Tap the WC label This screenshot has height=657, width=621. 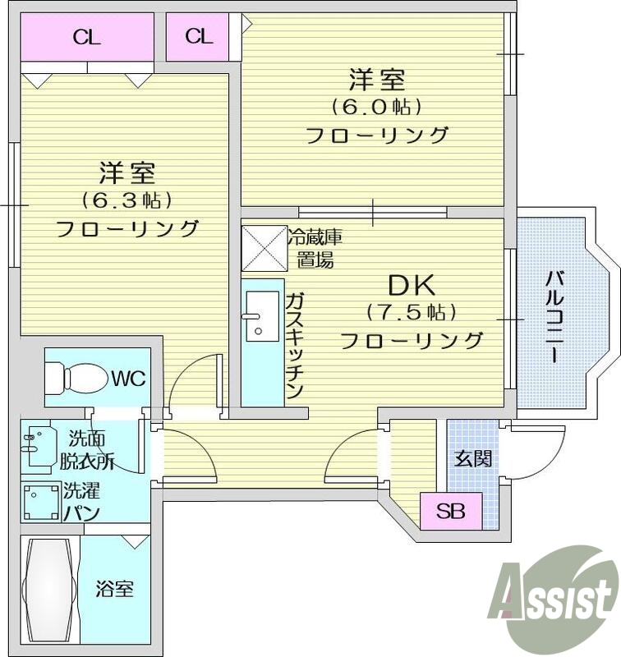(129, 379)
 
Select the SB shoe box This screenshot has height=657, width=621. (450, 512)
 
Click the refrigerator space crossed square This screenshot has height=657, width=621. (263, 247)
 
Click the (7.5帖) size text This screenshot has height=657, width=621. (411, 312)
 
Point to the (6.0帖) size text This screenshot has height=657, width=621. (377, 107)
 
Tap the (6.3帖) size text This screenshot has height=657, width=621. (126, 200)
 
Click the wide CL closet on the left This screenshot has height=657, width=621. (87, 38)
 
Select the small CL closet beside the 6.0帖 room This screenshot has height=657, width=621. (199, 36)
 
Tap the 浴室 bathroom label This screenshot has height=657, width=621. (114, 589)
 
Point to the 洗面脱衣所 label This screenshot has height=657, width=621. (87, 450)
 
